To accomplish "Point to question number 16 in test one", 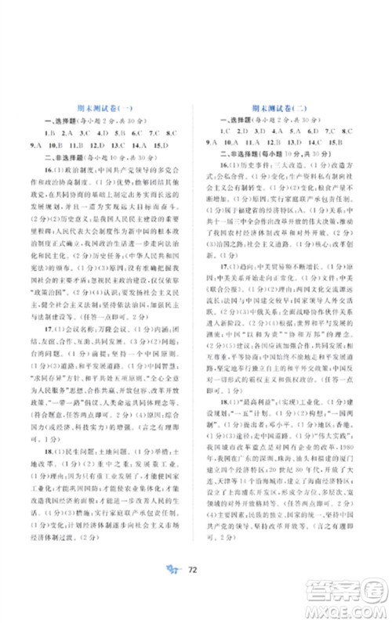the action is [49, 169].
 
